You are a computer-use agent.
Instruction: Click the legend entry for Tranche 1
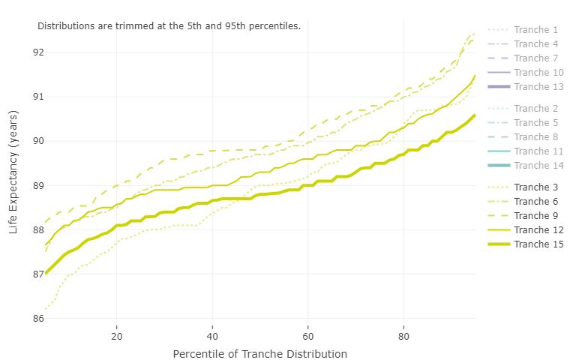click(533, 30)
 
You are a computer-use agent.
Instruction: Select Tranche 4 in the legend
click(533, 44)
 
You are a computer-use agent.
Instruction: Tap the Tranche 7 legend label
click(533, 58)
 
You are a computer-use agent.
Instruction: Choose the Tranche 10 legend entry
click(536, 73)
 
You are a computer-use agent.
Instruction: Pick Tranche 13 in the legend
click(536, 87)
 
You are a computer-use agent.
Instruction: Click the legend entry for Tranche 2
click(533, 109)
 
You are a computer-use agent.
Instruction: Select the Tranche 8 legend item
click(533, 137)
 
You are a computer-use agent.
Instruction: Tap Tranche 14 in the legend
click(536, 166)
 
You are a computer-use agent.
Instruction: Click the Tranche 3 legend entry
click(533, 187)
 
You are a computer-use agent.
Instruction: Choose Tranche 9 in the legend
click(533, 215)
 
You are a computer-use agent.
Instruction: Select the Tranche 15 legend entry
click(536, 244)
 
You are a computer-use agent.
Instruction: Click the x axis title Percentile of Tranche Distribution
click(259, 354)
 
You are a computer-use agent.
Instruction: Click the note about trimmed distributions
click(169, 26)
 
